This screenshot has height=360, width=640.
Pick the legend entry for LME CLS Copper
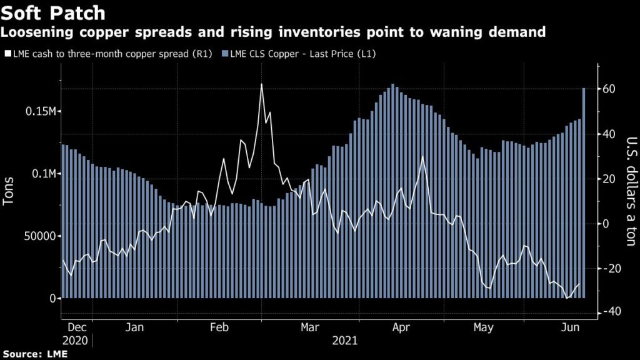[302, 54]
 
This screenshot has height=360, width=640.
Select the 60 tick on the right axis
[610, 89]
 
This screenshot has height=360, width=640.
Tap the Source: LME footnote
[34, 354]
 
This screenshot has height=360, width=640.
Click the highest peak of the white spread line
[261, 84]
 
